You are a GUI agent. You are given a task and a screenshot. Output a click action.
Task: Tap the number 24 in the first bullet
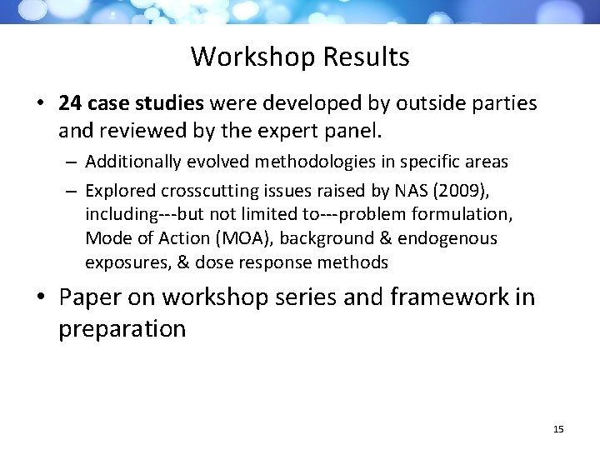coord(69,103)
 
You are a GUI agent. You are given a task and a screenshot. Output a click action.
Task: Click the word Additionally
coord(132,160)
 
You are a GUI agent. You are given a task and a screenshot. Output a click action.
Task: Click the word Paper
coord(94,297)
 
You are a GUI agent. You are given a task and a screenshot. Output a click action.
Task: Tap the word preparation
coord(122,328)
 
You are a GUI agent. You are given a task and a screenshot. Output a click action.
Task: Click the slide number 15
coord(558,429)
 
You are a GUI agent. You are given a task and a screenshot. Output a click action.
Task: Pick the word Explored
coord(117,190)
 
